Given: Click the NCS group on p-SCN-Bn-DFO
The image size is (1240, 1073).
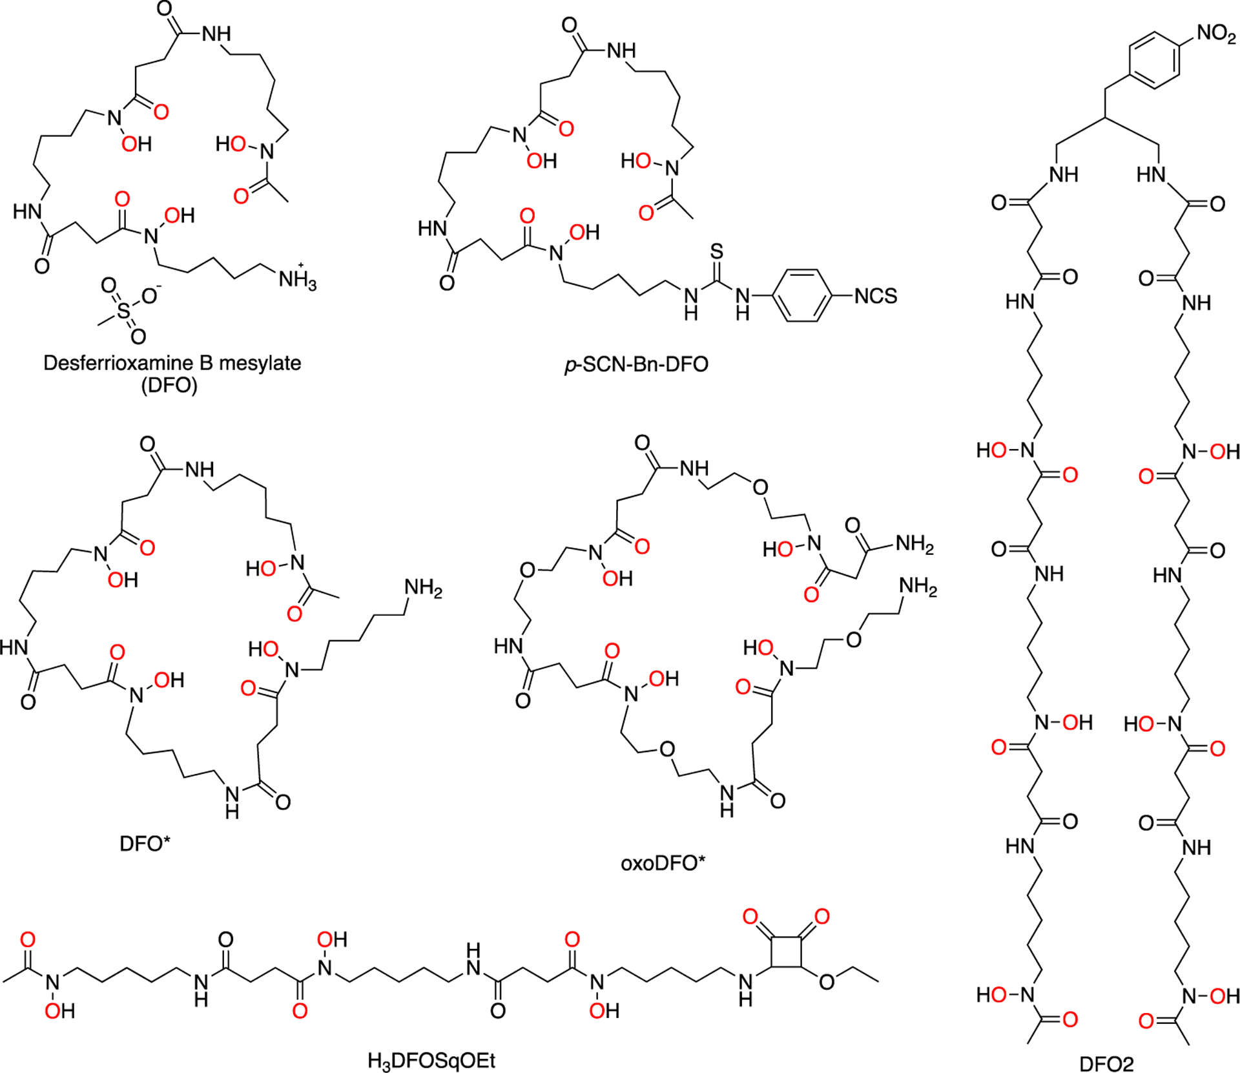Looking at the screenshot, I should (875, 297).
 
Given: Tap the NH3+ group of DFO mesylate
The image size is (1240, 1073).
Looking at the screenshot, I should (297, 280).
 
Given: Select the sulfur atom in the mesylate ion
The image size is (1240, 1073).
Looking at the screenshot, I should (123, 312).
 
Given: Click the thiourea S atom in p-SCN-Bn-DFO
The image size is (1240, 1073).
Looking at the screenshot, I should (717, 252).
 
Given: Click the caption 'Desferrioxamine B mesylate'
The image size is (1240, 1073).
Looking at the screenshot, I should (172, 363).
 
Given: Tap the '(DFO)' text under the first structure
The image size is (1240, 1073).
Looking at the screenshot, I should (169, 386).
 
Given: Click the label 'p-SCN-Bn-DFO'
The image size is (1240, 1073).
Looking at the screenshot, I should (637, 365).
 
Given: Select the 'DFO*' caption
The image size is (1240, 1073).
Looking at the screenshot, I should (145, 844).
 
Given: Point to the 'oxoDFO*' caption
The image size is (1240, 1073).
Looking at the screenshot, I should (663, 863).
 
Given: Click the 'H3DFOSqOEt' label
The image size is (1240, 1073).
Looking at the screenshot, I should (431, 1061).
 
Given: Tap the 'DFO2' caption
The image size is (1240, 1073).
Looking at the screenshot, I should (1106, 1063).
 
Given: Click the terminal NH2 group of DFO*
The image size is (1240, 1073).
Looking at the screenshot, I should (423, 588).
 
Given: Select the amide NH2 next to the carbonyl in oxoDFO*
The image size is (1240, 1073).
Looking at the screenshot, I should (914, 545).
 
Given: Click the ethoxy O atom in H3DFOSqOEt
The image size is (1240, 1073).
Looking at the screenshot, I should (826, 982).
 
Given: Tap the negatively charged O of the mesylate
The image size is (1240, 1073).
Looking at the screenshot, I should (150, 297).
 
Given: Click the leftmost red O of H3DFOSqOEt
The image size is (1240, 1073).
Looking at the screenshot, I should (28, 940).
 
